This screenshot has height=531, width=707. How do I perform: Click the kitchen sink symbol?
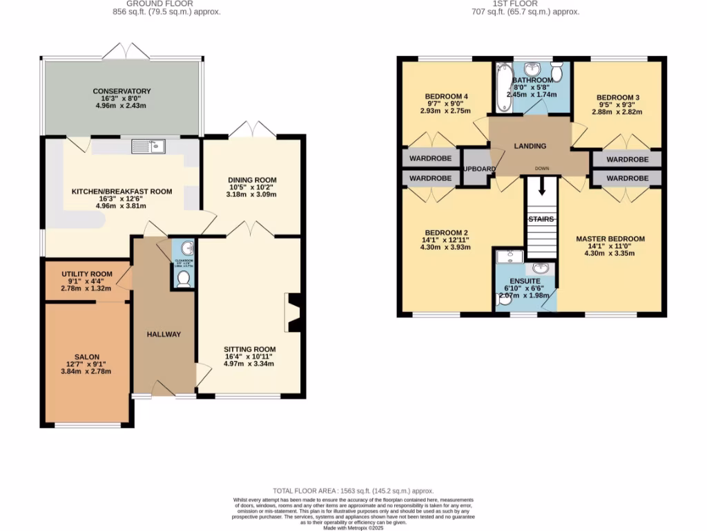(148, 146)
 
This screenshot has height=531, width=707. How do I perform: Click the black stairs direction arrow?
(542, 186)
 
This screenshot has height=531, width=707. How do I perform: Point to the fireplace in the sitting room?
(294, 311)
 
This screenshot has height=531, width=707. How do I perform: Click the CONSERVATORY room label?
(122, 91)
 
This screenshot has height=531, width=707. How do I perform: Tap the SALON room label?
(86, 357)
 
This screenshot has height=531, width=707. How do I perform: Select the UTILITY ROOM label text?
(87, 274)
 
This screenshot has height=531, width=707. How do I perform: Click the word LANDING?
(530, 146)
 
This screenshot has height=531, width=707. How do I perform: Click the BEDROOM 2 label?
(447, 232)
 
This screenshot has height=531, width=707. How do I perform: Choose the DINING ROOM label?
(252, 180)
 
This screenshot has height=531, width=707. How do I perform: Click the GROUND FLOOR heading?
(168, 3)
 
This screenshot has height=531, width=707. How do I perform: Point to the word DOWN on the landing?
(542, 168)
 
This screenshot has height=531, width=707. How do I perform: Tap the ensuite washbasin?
(540, 268)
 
